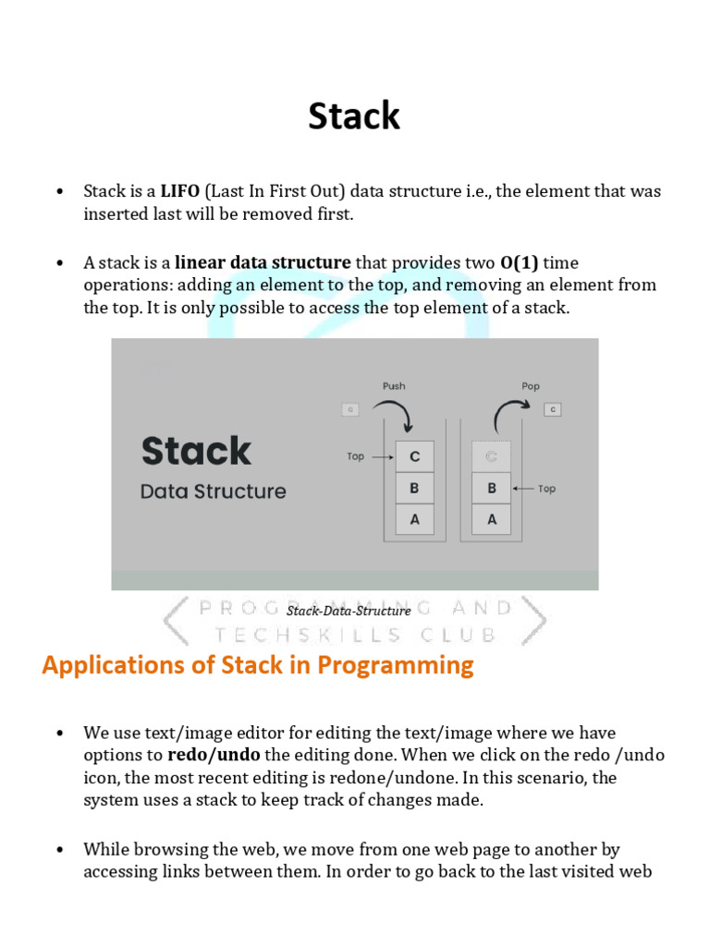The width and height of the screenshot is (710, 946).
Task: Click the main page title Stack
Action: (354, 116)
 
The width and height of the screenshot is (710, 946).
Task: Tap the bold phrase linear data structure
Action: (263, 262)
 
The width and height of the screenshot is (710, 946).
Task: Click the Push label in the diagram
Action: (393, 385)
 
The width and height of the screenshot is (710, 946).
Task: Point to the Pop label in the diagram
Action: (531, 385)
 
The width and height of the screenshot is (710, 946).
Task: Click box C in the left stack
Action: (414, 456)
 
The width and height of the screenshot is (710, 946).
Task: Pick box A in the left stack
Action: (414, 519)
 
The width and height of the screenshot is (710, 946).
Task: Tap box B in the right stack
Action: (492, 488)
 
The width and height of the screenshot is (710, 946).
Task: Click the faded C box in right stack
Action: (492, 456)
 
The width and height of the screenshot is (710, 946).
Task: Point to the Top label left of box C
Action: (356, 456)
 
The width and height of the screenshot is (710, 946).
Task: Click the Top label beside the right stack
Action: (546, 488)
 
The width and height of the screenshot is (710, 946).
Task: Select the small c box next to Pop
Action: (552, 409)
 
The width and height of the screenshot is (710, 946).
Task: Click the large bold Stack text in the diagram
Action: (196, 451)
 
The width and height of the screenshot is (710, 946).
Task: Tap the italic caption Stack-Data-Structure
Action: (349, 611)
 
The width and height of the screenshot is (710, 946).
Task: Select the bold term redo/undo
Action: (214, 754)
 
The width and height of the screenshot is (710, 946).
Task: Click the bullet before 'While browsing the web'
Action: (60, 849)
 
